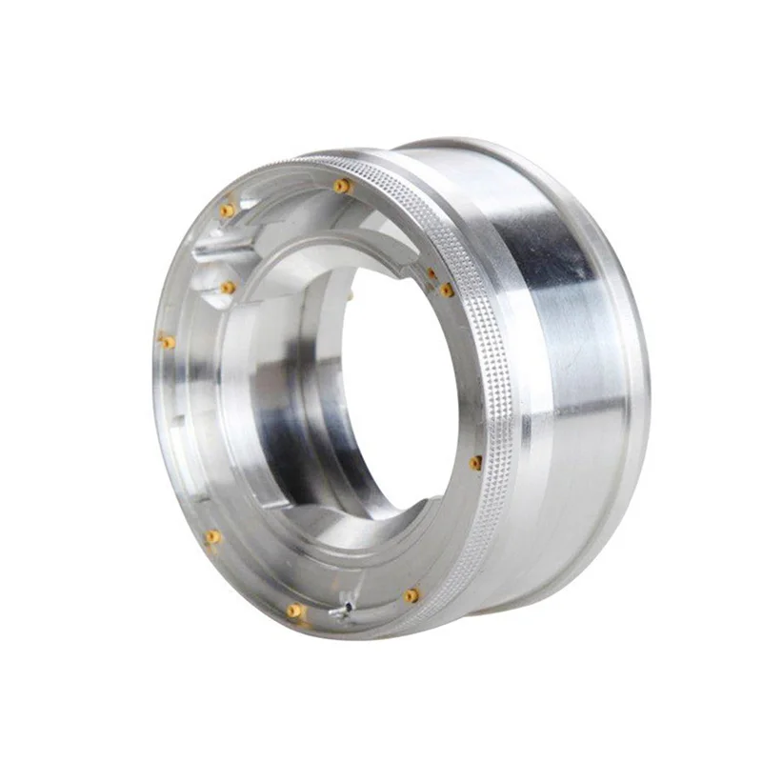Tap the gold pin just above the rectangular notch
click(227, 210)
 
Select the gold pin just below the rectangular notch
click(228, 287)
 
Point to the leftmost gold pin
click(167, 341)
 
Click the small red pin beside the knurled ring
click(431, 274)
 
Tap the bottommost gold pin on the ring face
click(296, 610)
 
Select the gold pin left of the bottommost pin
click(212, 537)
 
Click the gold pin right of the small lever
click(411, 596)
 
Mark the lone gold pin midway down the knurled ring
click(475, 463)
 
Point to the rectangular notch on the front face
click(221, 251)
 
